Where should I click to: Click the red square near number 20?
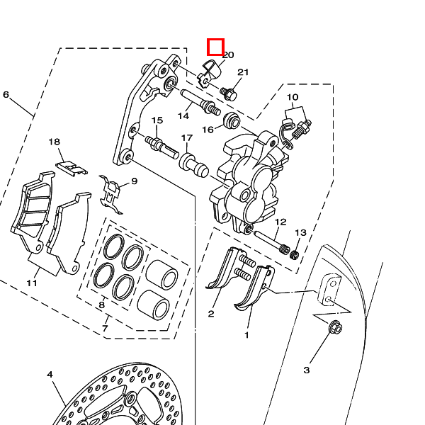tap(215, 47)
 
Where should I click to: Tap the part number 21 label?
tap(243, 72)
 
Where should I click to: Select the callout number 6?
tap(6, 95)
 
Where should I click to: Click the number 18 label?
tap(55, 142)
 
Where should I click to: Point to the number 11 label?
tap(32, 283)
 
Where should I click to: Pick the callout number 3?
tap(307, 370)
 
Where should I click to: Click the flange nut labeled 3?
tap(336, 327)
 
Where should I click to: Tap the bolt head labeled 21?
tap(230, 92)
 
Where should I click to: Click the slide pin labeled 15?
tap(161, 144)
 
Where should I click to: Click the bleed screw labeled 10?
tap(305, 129)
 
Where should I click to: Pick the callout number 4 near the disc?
tap(50, 374)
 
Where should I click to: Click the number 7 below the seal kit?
tap(105, 329)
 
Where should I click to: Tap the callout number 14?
tap(183, 115)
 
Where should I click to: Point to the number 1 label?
tap(247, 334)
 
